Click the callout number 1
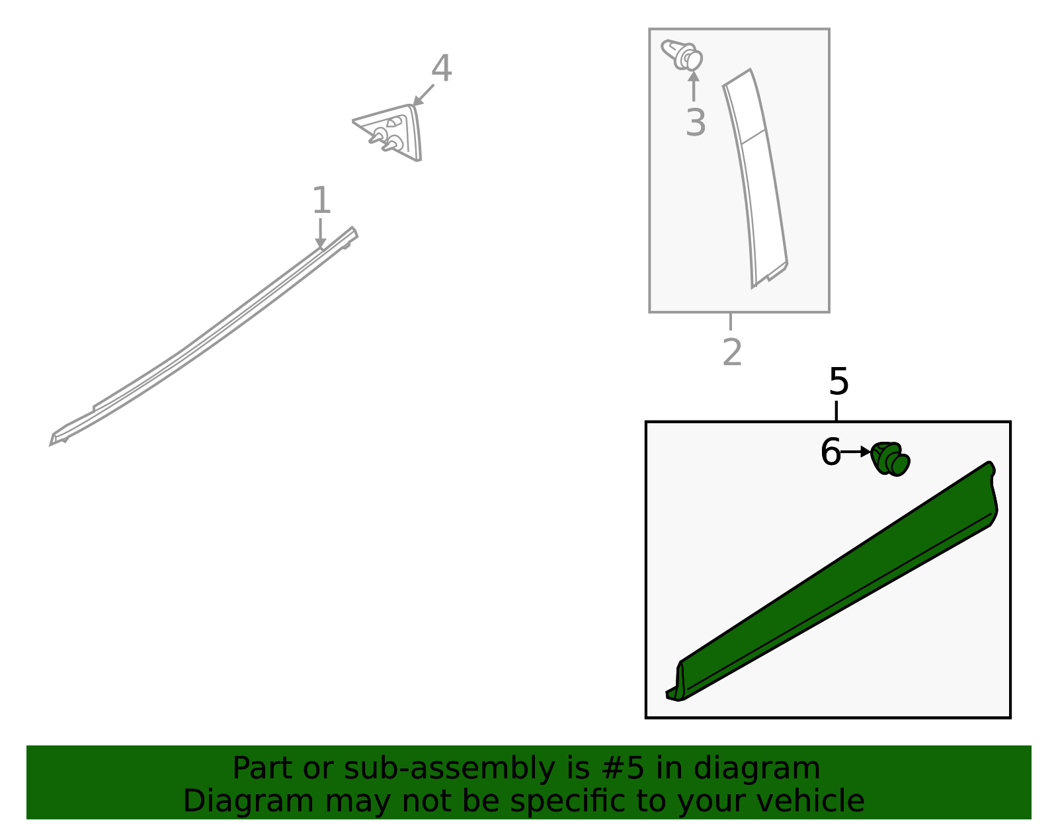321,200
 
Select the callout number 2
732,352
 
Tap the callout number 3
696,123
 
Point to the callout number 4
441,69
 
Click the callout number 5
838,382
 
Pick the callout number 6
830,453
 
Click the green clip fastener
890,458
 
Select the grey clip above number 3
682,55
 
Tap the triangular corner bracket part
395,132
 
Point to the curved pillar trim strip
756,179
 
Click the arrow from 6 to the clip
856,452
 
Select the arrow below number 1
321,235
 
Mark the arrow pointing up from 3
694,86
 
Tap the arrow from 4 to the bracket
423,95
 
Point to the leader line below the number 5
836,411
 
